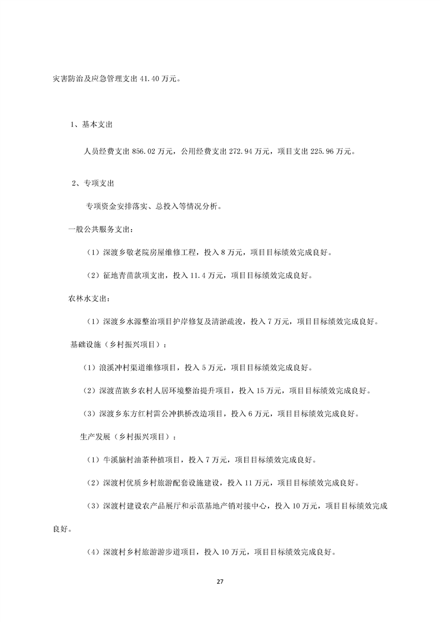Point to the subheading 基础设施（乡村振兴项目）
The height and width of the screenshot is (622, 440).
coord(117,345)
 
